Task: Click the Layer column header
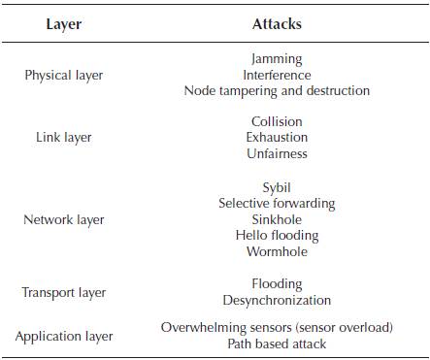(64, 23)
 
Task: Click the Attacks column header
(277, 23)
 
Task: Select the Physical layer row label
(64, 75)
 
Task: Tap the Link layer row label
(64, 138)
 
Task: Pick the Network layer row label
(64, 219)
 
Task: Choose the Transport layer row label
(64, 292)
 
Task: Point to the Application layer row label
(64, 337)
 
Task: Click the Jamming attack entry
(277, 59)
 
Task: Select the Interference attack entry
(277, 75)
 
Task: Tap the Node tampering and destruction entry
(277, 90)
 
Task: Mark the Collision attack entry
(277, 122)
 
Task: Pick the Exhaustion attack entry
(277, 138)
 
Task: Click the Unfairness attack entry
(277, 153)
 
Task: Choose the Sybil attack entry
(277, 187)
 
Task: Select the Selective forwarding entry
(277, 204)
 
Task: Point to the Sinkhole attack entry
(277, 219)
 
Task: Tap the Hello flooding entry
(277, 235)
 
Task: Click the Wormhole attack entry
(277, 251)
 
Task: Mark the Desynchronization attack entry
(277, 301)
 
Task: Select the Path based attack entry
(277, 344)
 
